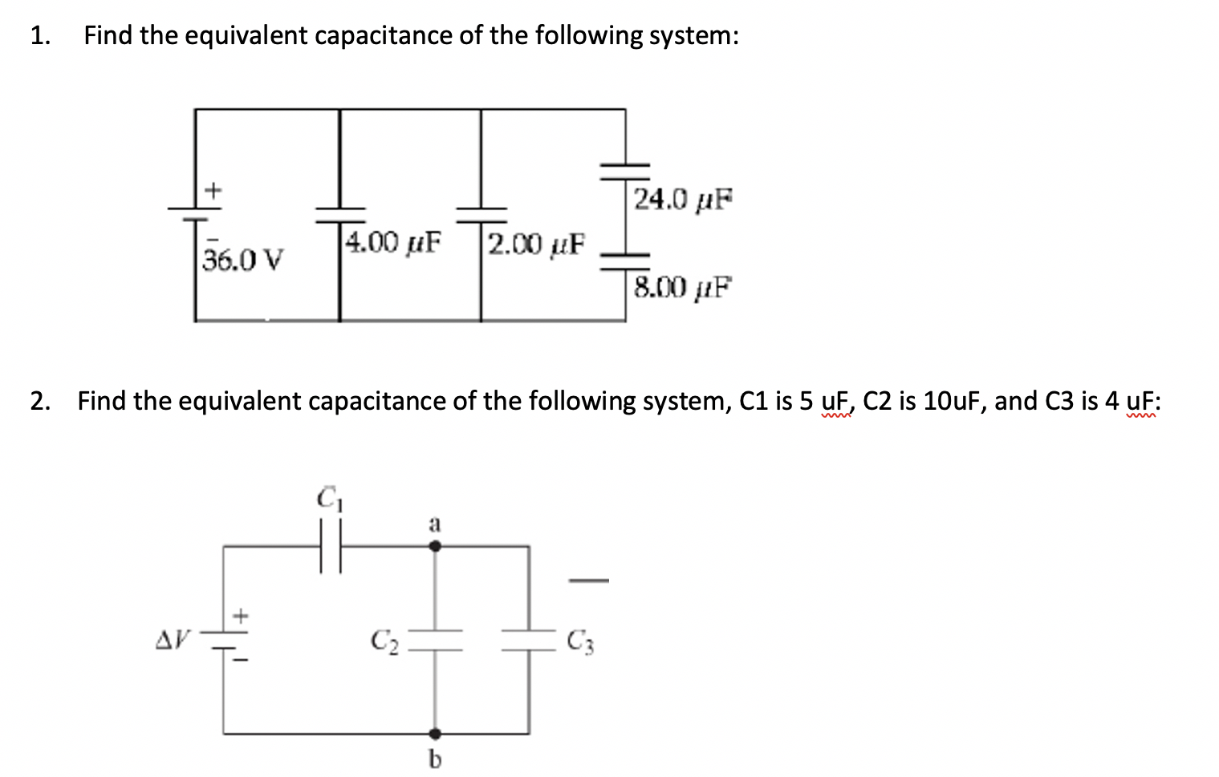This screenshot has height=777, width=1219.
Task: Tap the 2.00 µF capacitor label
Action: click(x=537, y=242)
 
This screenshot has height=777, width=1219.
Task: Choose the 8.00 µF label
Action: click(x=683, y=286)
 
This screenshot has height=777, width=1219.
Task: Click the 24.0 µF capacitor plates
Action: click(x=626, y=169)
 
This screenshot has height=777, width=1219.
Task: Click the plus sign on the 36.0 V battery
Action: click(x=213, y=191)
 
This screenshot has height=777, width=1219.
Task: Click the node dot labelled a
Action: click(x=435, y=546)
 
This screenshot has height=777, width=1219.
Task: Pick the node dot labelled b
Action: click(x=435, y=733)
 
